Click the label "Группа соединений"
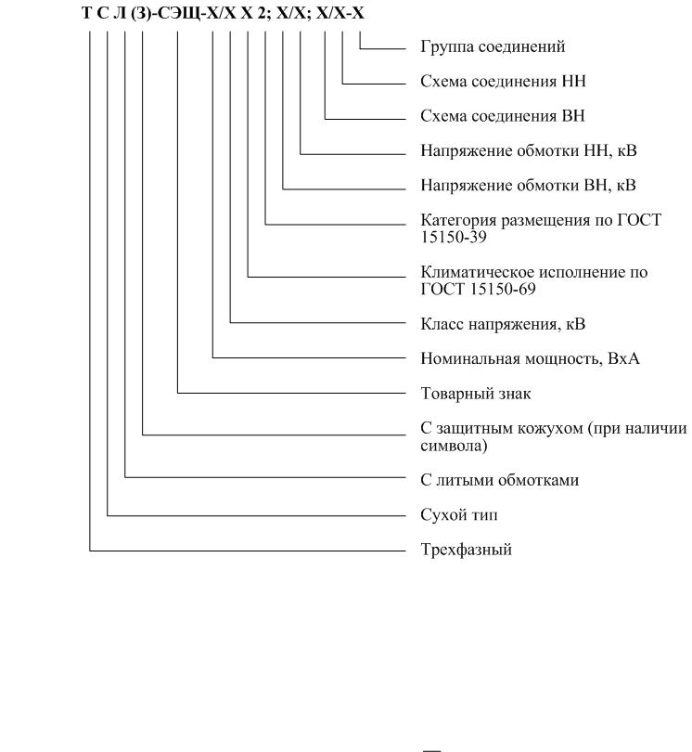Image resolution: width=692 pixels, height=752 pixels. coord(493,46)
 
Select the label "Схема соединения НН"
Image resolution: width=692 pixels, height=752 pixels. coord(503,81)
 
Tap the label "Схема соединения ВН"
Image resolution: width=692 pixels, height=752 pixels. coord(503,115)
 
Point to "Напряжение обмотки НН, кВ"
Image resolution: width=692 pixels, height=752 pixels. coord(529,150)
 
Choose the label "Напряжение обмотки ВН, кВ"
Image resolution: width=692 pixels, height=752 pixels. coord(528,185)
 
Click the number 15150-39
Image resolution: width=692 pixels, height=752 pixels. coord(454,237)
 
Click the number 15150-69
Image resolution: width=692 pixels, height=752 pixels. coord(503,289)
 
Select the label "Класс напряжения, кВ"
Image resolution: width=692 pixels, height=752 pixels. coord(503,324)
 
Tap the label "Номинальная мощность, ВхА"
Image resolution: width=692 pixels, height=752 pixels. coord(530,358)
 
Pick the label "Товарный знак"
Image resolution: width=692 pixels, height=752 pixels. coord(475,394)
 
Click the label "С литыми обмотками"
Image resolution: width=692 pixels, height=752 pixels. coord(499,480)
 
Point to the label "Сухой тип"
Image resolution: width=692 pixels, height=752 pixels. coord(458,514)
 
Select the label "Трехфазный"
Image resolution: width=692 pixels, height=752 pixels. coord(466,550)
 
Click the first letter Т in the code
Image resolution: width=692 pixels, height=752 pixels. coord(86,13)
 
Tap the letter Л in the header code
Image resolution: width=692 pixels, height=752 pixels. coord(120,13)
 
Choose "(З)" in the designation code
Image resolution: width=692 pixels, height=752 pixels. coord(140,13)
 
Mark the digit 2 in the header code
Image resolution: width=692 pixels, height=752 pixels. coord(262,13)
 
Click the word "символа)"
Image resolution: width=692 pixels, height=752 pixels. coord(454,446)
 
